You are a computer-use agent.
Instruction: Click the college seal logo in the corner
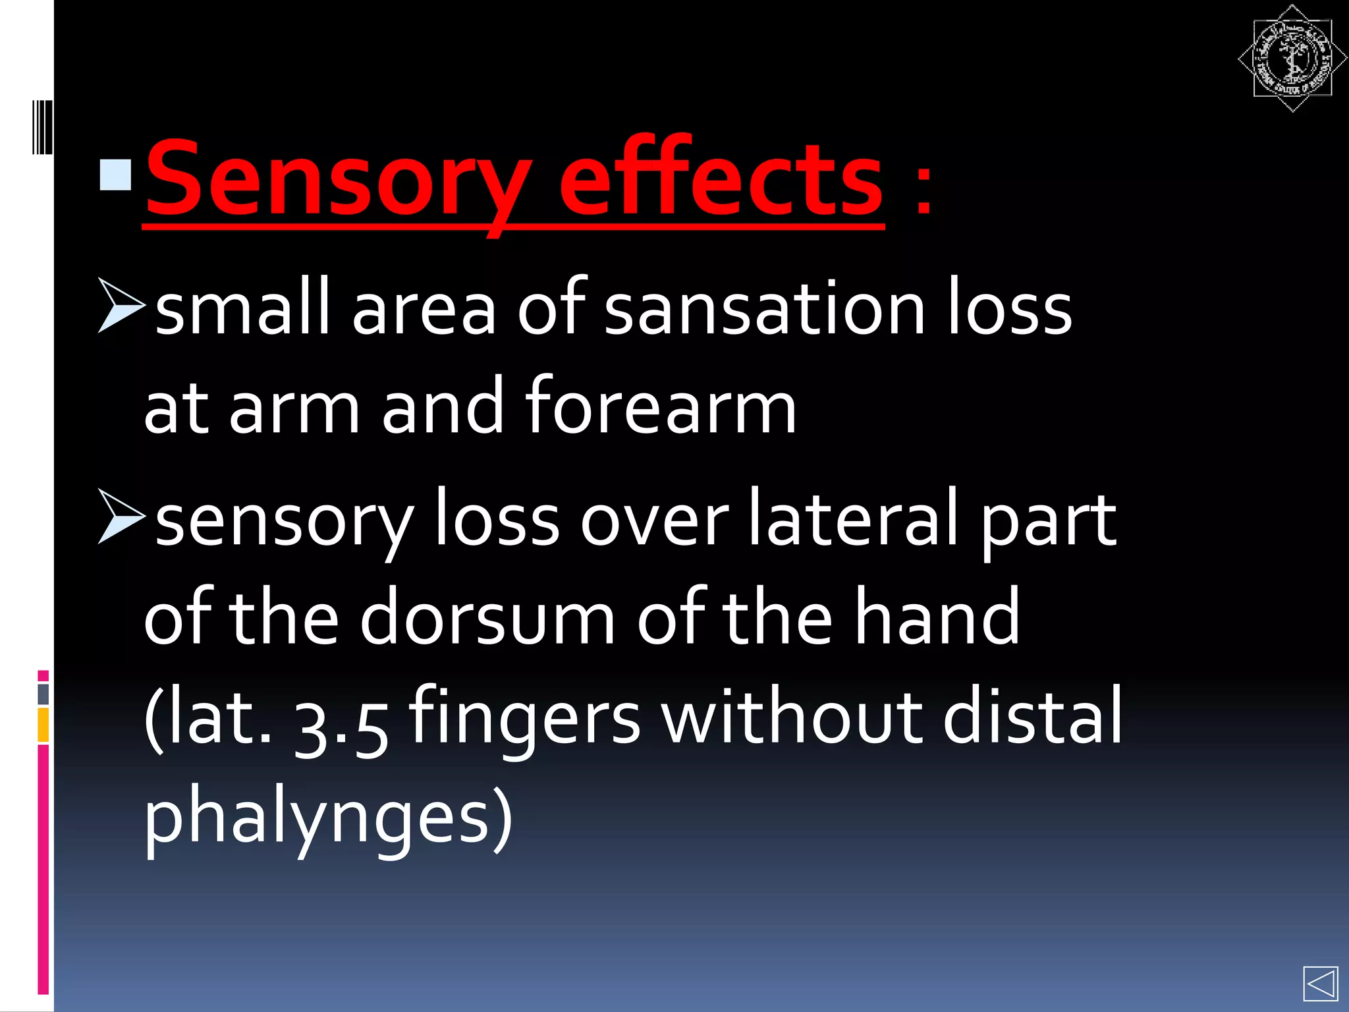click(1292, 58)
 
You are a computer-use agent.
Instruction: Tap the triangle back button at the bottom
click(1320, 984)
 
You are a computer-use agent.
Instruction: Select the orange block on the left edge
click(43, 725)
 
